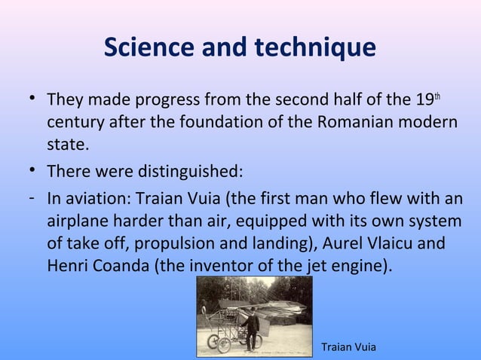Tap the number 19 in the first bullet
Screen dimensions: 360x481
coord(424,99)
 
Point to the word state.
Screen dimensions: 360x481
coord(68,143)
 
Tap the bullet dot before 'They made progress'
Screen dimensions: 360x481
coord(27,99)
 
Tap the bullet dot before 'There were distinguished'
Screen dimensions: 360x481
coord(27,171)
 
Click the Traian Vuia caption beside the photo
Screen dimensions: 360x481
coord(348,346)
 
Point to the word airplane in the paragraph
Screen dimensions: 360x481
coord(77,222)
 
